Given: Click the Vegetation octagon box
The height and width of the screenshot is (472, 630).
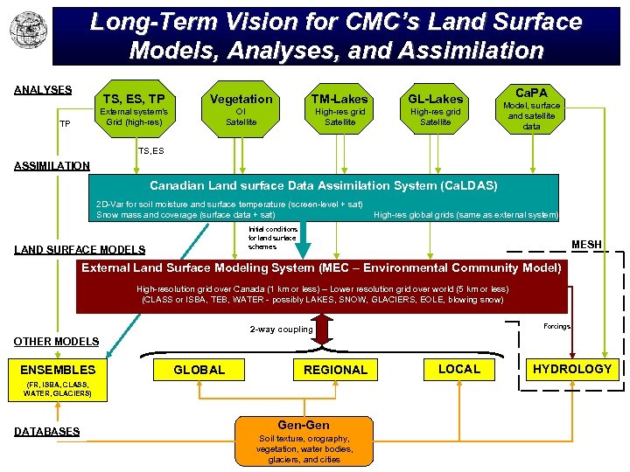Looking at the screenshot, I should point(241,108).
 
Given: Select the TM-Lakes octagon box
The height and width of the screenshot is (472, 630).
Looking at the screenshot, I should point(339,108).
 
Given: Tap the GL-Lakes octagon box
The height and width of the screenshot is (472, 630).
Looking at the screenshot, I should point(435,108).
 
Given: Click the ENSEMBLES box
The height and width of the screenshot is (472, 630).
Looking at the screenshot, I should point(58,370).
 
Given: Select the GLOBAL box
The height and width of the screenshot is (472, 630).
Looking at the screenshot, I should point(199,370).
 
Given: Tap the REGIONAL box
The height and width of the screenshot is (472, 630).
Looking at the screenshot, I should point(335,370).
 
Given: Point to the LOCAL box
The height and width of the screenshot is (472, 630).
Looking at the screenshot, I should point(459,369).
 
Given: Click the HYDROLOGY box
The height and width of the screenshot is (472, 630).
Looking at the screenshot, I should point(572,369).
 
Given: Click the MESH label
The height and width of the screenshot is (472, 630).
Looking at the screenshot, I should point(586,245).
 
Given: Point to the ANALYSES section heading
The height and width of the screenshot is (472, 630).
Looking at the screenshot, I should point(43,90).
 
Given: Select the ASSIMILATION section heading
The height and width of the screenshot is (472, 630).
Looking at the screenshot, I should point(51,165).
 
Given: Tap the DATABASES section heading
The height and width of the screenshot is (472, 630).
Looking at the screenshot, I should point(46,431).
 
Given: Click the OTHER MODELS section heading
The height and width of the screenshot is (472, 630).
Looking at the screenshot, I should point(56,341).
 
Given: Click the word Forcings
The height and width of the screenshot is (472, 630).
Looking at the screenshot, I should point(556,326).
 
